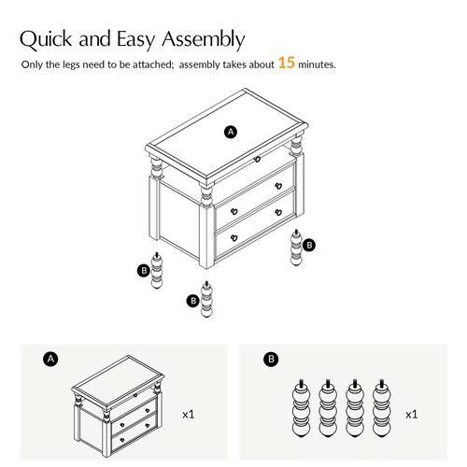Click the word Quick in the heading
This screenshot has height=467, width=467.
(x=46, y=40)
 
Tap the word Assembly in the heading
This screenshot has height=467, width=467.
(x=204, y=40)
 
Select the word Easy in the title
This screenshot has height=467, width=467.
(x=135, y=40)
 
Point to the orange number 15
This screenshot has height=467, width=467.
(x=286, y=63)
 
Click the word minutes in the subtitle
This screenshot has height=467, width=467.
(x=317, y=64)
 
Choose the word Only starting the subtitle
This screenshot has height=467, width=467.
(x=32, y=64)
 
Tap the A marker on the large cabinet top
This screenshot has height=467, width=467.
(x=231, y=132)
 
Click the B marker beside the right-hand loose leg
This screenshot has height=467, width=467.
(x=309, y=245)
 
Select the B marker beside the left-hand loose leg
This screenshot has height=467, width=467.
(x=144, y=270)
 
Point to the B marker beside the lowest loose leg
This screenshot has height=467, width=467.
(x=193, y=301)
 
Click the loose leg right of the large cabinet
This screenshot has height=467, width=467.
(x=296, y=248)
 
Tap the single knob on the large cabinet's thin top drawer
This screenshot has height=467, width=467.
(x=258, y=160)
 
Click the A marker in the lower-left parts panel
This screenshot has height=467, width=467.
(x=50, y=359)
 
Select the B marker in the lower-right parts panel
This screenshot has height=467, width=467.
(x=271, y=359)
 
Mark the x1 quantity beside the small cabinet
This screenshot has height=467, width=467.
(x=189, y=415)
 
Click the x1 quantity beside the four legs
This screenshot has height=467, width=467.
(x=412, y=415)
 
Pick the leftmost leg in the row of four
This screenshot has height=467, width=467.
(x=301, y=408)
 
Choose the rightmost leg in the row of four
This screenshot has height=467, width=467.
(x=382, y=408)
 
